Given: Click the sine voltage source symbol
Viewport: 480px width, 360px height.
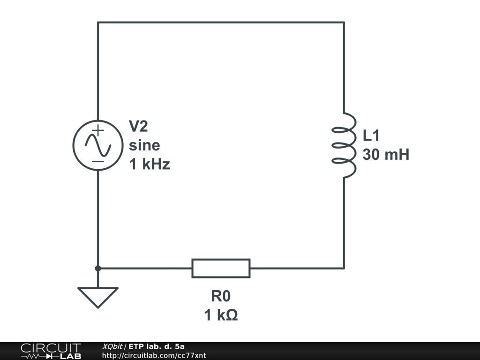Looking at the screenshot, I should [x=97, y=145].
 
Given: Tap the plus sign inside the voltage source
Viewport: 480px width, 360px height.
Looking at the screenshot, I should [x=97, y=131].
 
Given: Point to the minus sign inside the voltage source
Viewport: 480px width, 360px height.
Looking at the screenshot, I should [x=97, y=161].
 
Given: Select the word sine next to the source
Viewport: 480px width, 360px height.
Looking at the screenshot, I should [x=144, y=145].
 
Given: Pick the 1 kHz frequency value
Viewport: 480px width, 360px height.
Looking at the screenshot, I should [x=150, y=165].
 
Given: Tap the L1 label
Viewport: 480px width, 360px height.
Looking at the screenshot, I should [x=371, y=135].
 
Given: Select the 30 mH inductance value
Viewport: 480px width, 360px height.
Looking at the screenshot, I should [x=386, y=155].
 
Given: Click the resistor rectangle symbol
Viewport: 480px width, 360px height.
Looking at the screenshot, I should [x=221, y=268].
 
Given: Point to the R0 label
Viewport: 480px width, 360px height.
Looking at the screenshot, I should [x=221, y=296].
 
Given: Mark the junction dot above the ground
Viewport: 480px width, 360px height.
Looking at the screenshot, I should [x=97, y=268].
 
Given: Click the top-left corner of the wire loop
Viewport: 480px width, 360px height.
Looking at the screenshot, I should [x=97, y=22].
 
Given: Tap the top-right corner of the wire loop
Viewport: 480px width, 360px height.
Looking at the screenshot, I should [x=345, y=22].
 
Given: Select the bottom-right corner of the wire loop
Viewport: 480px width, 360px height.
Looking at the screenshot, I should [x=345, y=268].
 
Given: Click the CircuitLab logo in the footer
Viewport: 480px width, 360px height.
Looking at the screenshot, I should [x=51, y=351].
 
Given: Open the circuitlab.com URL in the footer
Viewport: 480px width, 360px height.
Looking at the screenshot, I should [x=154, y=356].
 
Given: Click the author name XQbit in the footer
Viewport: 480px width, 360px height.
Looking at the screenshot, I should [x=112, y=346].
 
